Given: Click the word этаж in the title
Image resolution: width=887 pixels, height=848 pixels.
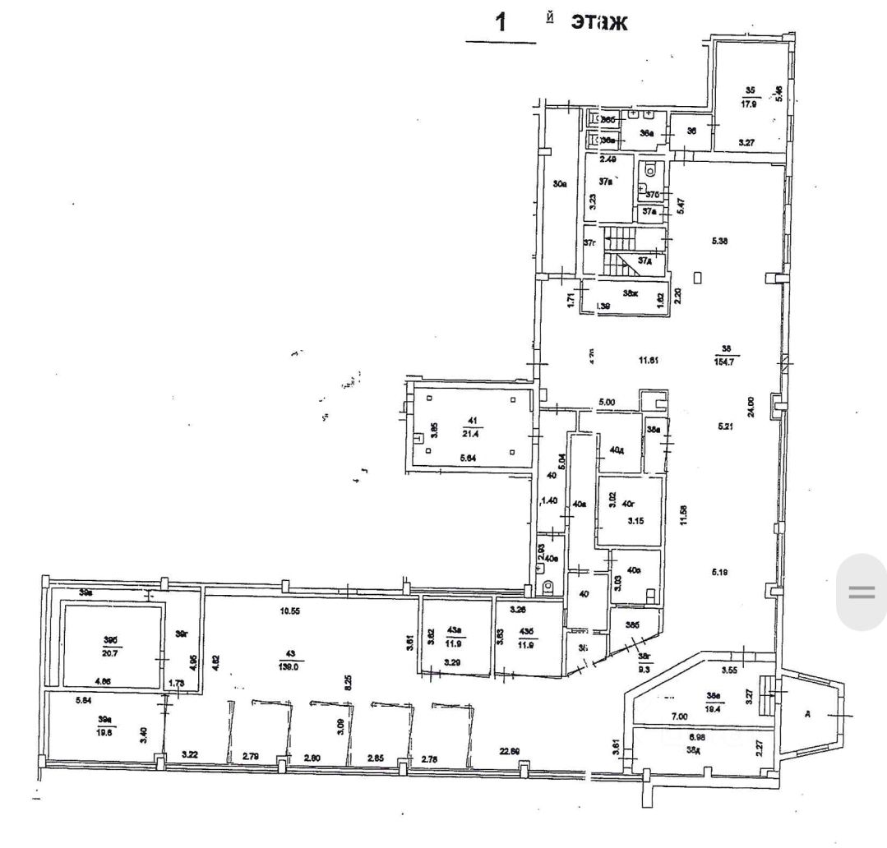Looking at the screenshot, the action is tap(599, 21).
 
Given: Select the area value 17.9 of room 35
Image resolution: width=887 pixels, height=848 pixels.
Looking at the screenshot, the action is tap(749, 104).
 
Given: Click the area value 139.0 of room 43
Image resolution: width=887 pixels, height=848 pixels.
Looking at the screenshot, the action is tap(291, 667).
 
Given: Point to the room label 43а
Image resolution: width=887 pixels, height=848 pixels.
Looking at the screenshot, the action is tap(453, 630).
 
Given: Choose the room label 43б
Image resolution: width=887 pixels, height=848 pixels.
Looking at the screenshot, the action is tap(527, 630).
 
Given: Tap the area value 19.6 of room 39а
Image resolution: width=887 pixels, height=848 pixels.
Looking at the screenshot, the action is tap(104, 730).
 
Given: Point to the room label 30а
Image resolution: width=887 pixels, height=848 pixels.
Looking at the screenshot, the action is tap(560, 185).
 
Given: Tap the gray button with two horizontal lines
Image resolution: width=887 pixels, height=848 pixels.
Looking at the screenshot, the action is tap(861, 592).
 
